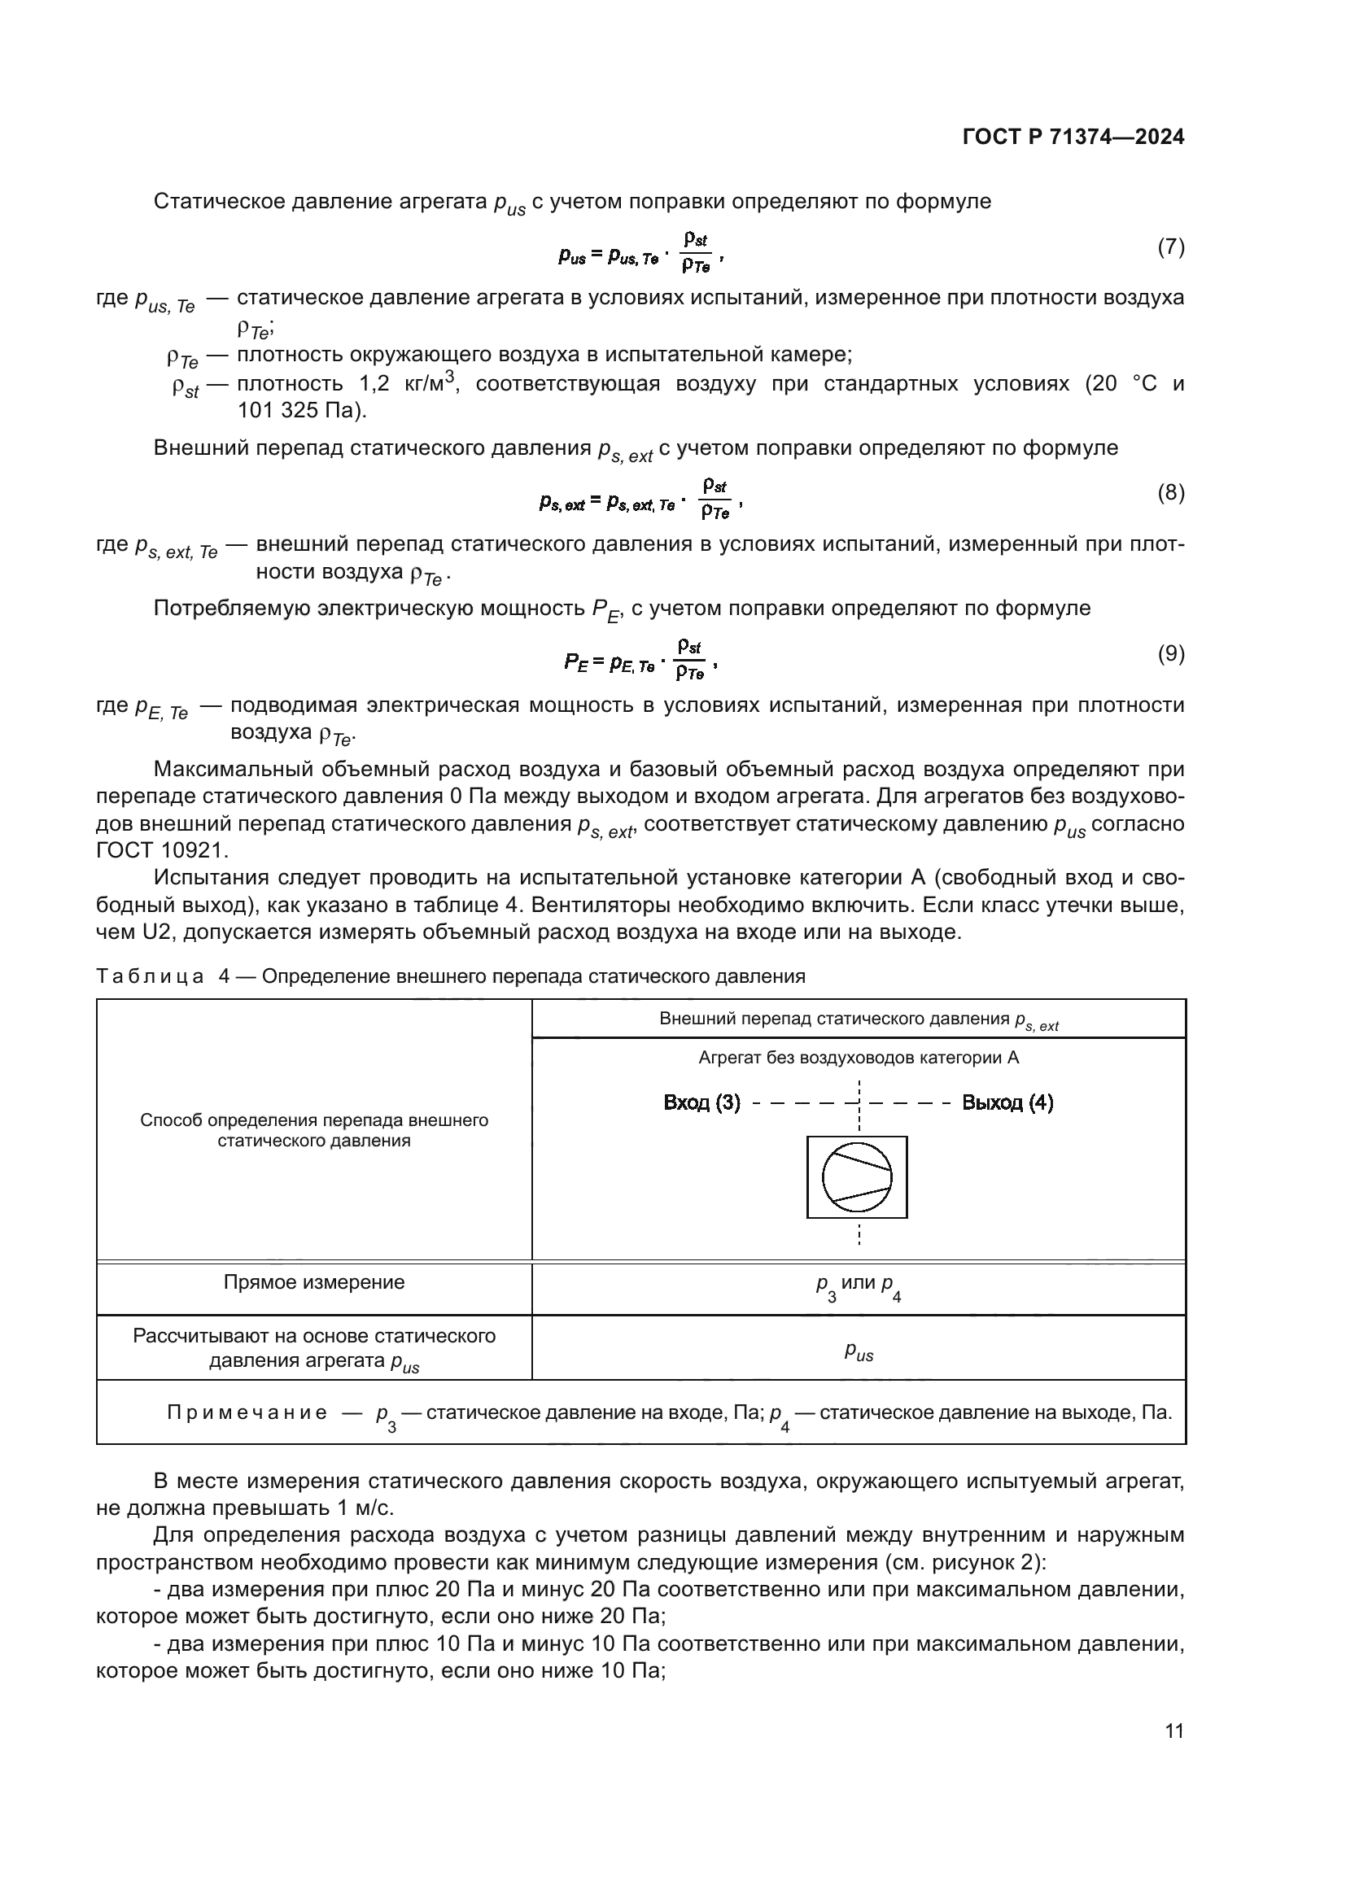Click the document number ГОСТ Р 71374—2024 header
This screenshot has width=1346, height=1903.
click(1073, 137)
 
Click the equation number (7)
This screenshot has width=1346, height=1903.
click(1170, 247)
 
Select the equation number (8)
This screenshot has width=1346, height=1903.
click(1170, 493)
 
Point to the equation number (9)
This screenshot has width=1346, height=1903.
click(1170, 654)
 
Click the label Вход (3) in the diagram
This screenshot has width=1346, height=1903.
click(701, 1103)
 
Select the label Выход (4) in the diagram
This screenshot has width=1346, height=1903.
click(1007, 1103)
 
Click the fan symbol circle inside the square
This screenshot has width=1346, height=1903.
click(857, 1177)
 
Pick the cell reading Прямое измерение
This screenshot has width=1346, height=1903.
click(314, 1282)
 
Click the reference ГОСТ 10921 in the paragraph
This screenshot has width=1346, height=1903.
click(162, 850)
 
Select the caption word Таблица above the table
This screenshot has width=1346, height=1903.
click(150, 976)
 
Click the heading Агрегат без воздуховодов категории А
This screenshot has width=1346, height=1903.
click(858, 1058)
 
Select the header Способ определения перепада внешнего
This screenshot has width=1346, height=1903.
click(314, 1120)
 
